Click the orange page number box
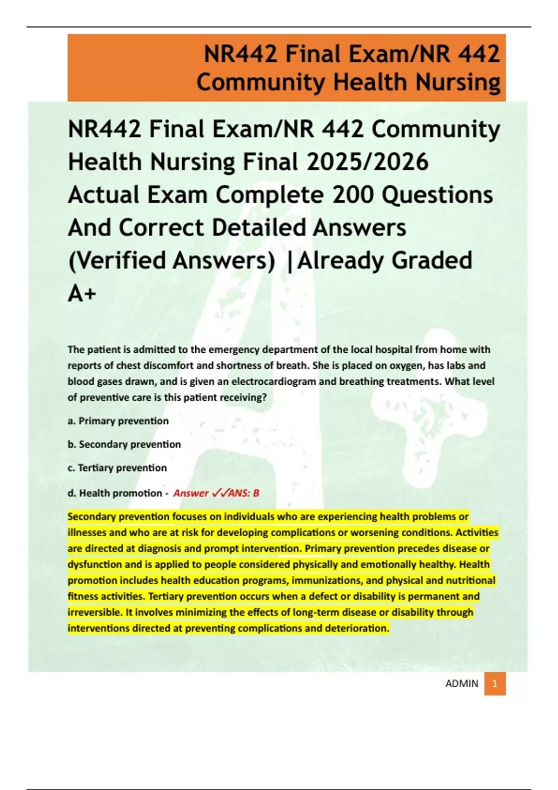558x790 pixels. click(495, 684)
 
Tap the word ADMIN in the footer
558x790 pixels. click(461, 684)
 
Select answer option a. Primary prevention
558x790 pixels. click(118, 421)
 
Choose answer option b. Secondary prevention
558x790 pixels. click(124, 444)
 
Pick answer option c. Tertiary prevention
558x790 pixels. click(117, 468)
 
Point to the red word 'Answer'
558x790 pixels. click(191, 493)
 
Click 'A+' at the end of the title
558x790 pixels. click(82, 293)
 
